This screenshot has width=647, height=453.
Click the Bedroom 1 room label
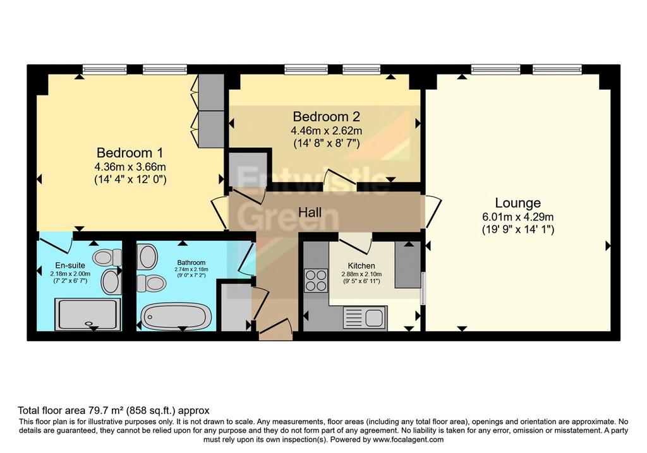pos(130,153)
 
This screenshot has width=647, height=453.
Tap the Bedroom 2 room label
pos(327,116)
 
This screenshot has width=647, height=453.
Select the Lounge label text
pos(518,203)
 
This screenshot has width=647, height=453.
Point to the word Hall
pos(310,212)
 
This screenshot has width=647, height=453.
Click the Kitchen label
pos(361,266)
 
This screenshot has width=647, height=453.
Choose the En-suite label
pos(70,265)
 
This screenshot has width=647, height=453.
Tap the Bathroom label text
pos(191,262)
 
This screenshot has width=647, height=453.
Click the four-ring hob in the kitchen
pos(316,281)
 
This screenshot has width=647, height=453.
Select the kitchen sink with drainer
pos(365,318)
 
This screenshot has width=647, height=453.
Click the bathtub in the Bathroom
pos(176,317)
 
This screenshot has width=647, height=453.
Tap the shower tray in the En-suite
pos(87,314)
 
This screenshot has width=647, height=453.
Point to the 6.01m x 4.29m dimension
pos(518,217)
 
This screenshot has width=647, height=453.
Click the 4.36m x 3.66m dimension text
pos(130,167)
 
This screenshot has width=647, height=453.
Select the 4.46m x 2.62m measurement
pos(327,131)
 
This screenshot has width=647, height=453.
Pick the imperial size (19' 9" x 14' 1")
pos(518,229)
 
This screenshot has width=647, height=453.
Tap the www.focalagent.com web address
pos(408,439)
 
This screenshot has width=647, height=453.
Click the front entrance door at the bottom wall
pos(275,329)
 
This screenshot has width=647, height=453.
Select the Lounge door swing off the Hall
pos(432,212)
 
